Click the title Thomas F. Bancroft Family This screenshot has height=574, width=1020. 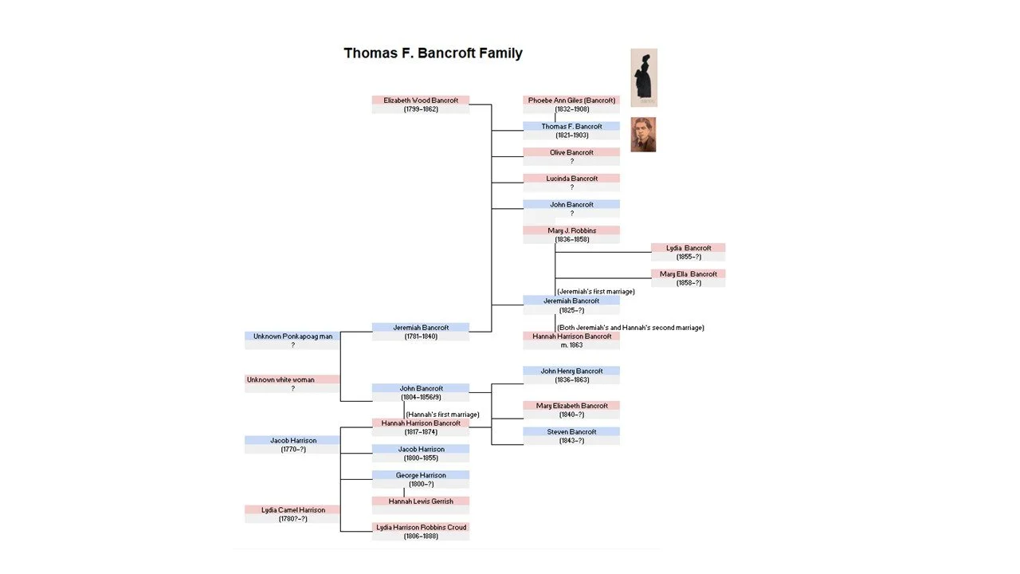tap(433, 53)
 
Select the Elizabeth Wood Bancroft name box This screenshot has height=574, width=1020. tap(421, 100)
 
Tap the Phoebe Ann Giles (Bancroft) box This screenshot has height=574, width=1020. tap(571, 100)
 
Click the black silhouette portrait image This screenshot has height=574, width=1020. tap(644, 77)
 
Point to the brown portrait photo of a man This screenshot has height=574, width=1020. tap(643, 135)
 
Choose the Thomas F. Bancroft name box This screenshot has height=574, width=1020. tap(571, 127)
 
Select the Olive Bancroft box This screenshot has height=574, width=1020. tap(571, 152)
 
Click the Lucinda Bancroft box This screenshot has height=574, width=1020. tap(571, 179)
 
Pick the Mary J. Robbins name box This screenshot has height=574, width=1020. tap(571, 230)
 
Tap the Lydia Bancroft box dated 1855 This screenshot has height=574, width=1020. tap(688, 248)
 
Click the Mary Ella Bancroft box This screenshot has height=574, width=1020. tap(688, 274)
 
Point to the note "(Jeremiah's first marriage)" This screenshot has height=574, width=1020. tap(595, 292)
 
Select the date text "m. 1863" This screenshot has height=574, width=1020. tap(571, 345)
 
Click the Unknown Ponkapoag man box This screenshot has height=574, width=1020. tap(292, 336)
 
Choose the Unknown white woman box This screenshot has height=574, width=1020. tap(292, 379)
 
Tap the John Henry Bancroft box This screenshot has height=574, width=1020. tap(571, 371)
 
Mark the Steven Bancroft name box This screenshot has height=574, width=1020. tap(571, 432)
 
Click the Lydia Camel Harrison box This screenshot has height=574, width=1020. tap(292, 509)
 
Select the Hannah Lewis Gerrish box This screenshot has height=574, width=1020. tap(421, 501)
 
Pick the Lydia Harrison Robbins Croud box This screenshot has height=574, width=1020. tap(421, 527)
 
